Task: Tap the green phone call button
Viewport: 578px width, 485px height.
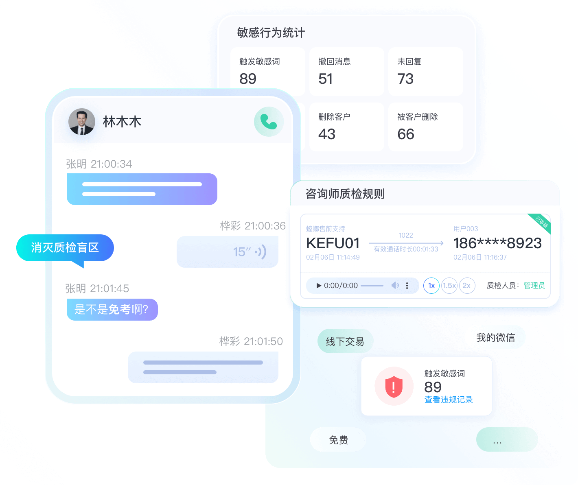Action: (268, 122)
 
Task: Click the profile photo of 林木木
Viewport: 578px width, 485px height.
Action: (82, 122)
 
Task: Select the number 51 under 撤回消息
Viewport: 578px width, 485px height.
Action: (325, 79)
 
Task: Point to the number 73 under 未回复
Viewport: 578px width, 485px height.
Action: (405, 79)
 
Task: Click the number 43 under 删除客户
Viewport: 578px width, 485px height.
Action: (326, 134)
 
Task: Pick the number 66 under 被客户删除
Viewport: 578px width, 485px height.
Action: (406, 134)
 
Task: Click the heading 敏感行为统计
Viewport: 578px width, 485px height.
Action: (271, 33)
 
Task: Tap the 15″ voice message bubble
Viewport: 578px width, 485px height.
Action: (227, 252)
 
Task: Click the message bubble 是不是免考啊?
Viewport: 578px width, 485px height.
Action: (112, 309)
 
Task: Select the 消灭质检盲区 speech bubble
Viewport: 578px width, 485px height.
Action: (65, 248)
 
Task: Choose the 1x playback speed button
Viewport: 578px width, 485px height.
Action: (431, 286)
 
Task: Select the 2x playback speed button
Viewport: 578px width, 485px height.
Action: (467, 286)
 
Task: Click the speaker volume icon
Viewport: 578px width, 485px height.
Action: (395, 285)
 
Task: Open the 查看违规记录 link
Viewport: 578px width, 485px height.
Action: (449, 400)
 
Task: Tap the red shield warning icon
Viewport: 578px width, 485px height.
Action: (394, 387)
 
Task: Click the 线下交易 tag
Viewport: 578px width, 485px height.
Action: (345, 341)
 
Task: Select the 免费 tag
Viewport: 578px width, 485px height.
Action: (338, 440)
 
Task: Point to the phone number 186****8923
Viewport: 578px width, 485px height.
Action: (497, 243)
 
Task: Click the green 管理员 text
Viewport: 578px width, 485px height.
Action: (534, 286)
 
